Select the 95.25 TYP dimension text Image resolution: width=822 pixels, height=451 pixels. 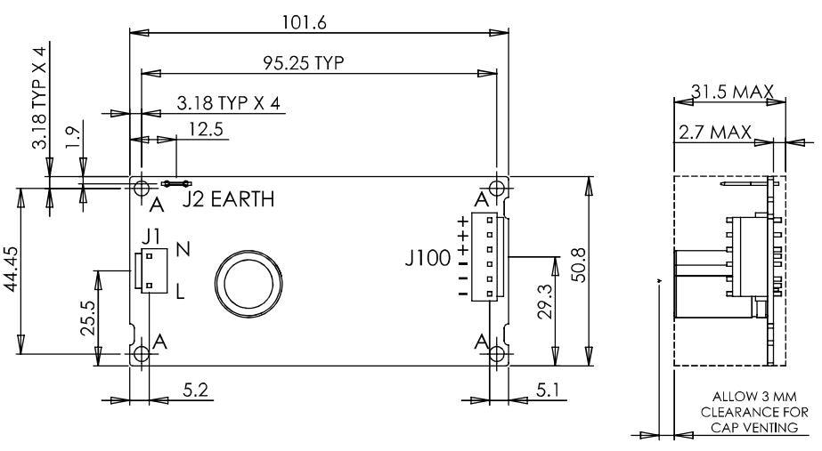point(303,62)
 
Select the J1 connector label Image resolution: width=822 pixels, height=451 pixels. point(151,237)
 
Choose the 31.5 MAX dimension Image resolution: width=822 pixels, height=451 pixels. point(730,91)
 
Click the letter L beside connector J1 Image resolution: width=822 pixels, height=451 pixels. point(181,290)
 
